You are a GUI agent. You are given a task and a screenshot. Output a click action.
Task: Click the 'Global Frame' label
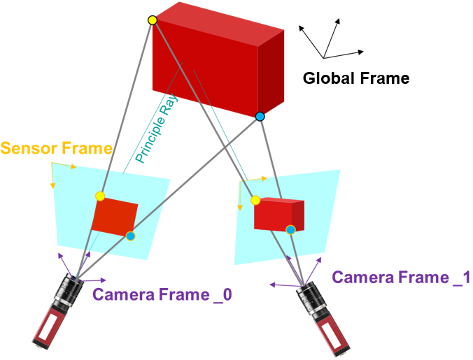coord(355,78)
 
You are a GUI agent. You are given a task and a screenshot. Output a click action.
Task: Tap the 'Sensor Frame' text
coord(56,148)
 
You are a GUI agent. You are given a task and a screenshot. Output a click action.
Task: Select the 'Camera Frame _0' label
coord(162,295)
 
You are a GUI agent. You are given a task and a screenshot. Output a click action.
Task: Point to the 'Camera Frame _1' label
coord(400,278)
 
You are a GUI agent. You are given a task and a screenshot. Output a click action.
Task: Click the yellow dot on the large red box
coord(153,20)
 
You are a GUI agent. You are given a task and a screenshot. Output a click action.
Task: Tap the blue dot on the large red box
coord(260,117)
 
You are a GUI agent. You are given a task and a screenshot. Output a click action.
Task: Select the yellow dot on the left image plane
coord(100,196)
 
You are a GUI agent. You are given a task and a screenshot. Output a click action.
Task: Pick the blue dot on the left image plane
coord(130,236)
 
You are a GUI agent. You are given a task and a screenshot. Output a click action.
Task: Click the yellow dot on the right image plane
coord(255,201)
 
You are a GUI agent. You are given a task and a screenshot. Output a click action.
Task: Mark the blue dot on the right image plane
coord(291,228)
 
